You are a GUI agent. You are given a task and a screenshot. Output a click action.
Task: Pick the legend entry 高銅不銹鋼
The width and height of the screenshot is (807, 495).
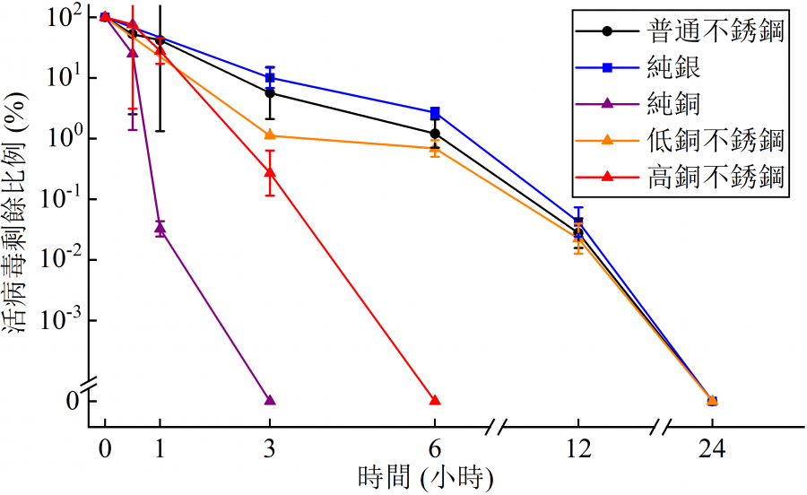point(714,177)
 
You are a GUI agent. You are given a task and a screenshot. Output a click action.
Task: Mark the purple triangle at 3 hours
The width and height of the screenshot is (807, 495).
point(270,400)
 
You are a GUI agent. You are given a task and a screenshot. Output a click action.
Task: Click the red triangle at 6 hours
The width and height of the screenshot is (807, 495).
point(435,400)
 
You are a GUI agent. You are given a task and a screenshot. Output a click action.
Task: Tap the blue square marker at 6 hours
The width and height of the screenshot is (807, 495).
point(435,113)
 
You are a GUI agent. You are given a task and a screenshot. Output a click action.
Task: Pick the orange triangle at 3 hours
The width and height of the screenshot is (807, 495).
point(270,135)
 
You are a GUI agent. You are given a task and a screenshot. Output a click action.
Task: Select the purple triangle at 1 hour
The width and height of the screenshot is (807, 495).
point(161,229)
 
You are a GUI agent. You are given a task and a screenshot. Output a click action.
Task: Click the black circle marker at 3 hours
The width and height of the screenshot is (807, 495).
point(270,93)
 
